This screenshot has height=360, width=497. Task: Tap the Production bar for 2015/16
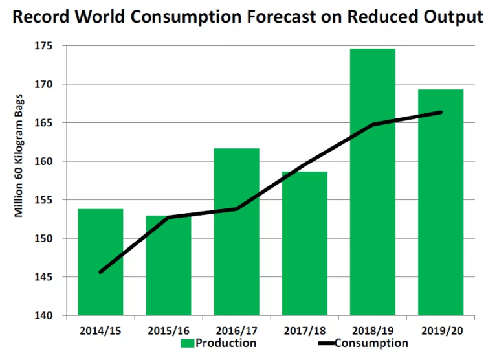[x=168, y=265]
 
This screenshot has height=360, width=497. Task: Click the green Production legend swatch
[x=188, y=343]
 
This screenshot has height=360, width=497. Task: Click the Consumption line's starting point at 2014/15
[x=100, y=272]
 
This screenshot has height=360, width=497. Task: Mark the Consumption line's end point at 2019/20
[x=441, y=112]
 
